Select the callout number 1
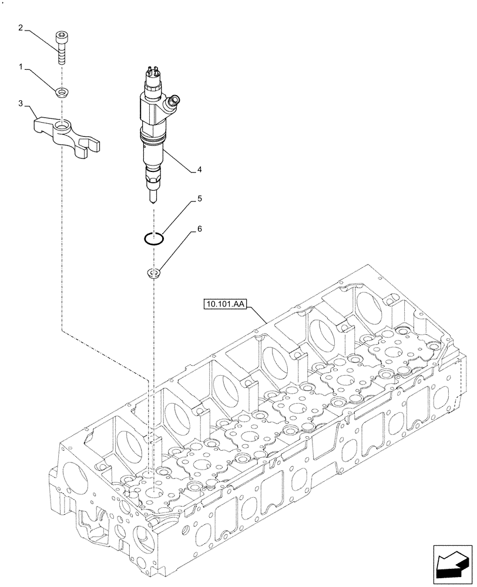point(21,68)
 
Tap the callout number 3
point(21,104)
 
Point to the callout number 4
point(200,170)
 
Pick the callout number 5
point(200,200)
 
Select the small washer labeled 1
point(61,92)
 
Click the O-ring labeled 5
point(154,238)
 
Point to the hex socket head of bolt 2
point(61,36)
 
